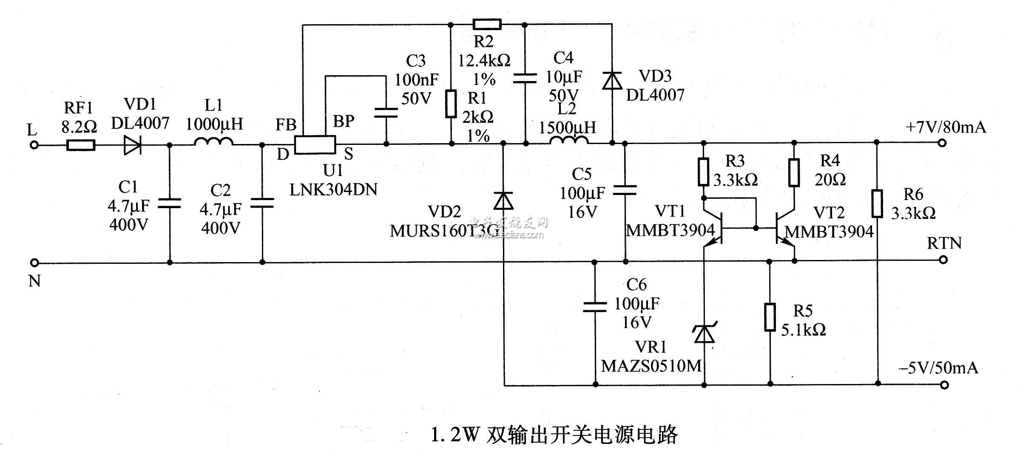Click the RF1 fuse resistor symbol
click(81, 146)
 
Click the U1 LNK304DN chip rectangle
click(315, 145)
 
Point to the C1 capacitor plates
click(169, 204)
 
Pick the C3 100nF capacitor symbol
click(386, 113)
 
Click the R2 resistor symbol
click(487, 24)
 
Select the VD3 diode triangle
click(612, 81)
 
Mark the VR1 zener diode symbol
click(704, 333)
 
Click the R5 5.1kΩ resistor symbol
click(770, 317)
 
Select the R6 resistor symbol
click(877, 204)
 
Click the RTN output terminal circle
click(943, 260)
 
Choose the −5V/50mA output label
click(938, 367)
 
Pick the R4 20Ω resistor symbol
click(794, 172)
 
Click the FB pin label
click(286, 125)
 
